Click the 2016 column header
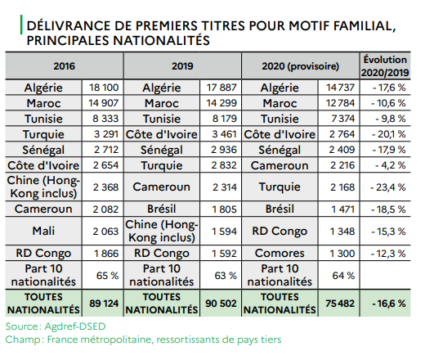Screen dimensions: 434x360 coord(65,66)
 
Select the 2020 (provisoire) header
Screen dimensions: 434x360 coord(300,66)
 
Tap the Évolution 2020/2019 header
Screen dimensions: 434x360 coord(385,66)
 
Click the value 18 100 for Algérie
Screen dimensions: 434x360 coord(104,88)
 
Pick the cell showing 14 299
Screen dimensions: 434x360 coord(221,103)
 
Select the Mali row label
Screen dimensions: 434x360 coord(43,231)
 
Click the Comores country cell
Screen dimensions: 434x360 coord(280,253)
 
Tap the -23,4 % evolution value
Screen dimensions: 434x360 coord(388,187)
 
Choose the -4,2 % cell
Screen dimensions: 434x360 coord(391,165)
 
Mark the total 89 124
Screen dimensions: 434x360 coord(104,304)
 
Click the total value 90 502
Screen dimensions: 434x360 coord(221,304)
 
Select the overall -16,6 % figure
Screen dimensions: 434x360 coord(389,304)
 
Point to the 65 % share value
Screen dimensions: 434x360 coord(107,276)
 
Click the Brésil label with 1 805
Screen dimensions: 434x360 coord(161,209)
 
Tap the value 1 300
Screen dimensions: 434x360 coord(342,254)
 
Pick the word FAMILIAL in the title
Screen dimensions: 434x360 coord(365,26)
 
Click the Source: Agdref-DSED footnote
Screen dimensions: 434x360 coord(56,326)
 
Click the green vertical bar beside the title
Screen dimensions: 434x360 coord(21,25)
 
